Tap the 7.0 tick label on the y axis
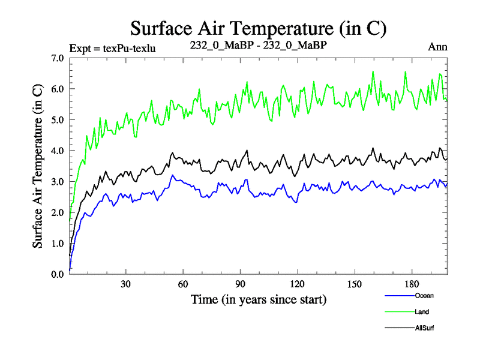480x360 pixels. click(58, 58)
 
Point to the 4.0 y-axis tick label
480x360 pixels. click(58, 151)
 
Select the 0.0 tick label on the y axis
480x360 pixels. click(58, 274)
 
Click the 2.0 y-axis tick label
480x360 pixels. click(58, 212)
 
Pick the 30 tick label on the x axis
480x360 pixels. click(126, 284)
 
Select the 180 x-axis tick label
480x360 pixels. click(411, 284)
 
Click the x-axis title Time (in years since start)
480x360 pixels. click(259, 299)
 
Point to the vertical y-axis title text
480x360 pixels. click(37, 166)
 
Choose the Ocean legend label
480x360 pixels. click(424, 295)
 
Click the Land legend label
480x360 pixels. click(422, 311)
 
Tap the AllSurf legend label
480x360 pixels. click(424, 328)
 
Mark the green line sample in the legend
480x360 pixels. click(398, 311)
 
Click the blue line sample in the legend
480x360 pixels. click(398, 295)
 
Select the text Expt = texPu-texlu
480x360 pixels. click(113, 48)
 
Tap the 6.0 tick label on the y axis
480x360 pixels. click(58, 89)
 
